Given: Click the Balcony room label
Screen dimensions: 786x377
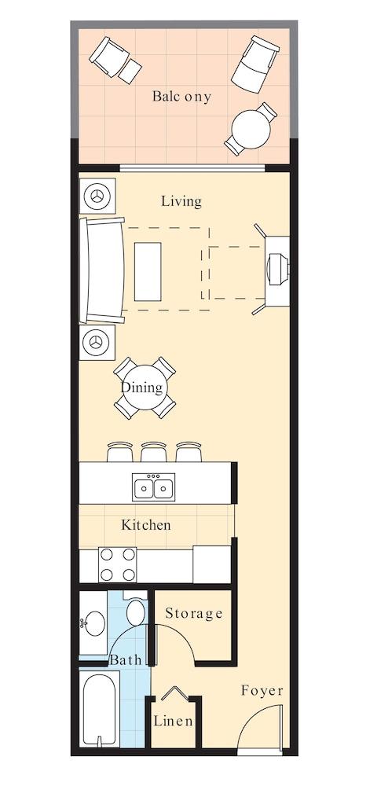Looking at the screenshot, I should pyautogui.click(x=182, y=97).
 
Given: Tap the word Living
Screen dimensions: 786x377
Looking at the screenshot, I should pyautogui.click(x=181, y=201).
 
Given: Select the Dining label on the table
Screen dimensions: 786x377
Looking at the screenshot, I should pyautogui.click(x=142, y=387).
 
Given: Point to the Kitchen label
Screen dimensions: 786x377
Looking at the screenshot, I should pyautogui.click(x=146, y=524).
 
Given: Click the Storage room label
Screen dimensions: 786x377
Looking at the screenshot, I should pyautogui.click(x=194, y=613).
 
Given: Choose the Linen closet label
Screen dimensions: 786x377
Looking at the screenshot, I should pyautogui.click(x=174, y=721).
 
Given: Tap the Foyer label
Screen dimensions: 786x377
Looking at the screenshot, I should pyautogui.click(x=262, y=691).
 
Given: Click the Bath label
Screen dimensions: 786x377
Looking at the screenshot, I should pyautogui.click(x=126, y=660).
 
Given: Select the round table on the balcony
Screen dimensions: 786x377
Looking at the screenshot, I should pyautogui.click(x=251, y=127).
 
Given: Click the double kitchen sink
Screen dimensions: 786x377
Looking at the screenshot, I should pyautogui.click(x=153, y=487).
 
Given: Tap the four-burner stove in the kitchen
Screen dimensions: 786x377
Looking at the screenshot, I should pyautogui.click(x=117, y=564).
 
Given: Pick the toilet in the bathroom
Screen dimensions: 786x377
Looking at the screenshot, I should pyautogui.click(x=135, y=612).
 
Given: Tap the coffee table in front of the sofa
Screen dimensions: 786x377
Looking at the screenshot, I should pyautogui.click(x=148, y=271).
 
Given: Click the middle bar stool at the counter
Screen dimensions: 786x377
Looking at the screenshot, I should pyautogui.click(x=153, y=451).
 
